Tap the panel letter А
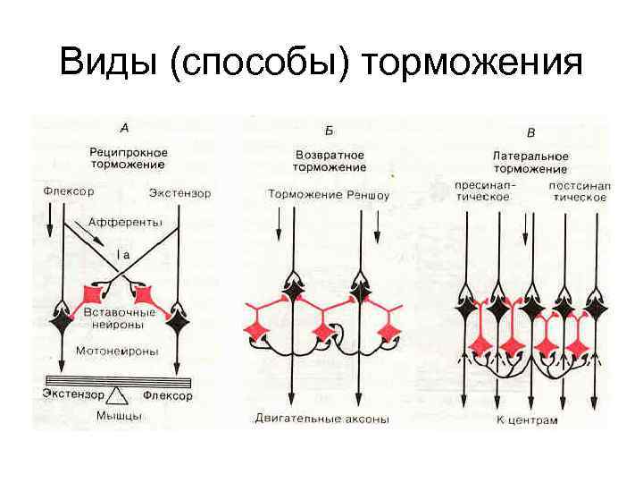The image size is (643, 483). point(124,128)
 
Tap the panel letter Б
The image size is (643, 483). point(329,129)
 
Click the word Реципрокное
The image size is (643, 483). point(129,152)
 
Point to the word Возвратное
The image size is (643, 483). point(330,154)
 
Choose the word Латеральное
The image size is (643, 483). point(530,155)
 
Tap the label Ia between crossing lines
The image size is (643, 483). point(124,255)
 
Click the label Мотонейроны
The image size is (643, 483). point(118,351)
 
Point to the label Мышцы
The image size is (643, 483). point(119,416)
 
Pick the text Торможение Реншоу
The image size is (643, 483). point(329,193)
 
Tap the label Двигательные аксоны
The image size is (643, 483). point(321,418)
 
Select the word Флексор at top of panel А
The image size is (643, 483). point(69,191)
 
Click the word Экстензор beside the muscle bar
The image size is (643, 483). point(74,392)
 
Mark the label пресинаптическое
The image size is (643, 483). point(482,191)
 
